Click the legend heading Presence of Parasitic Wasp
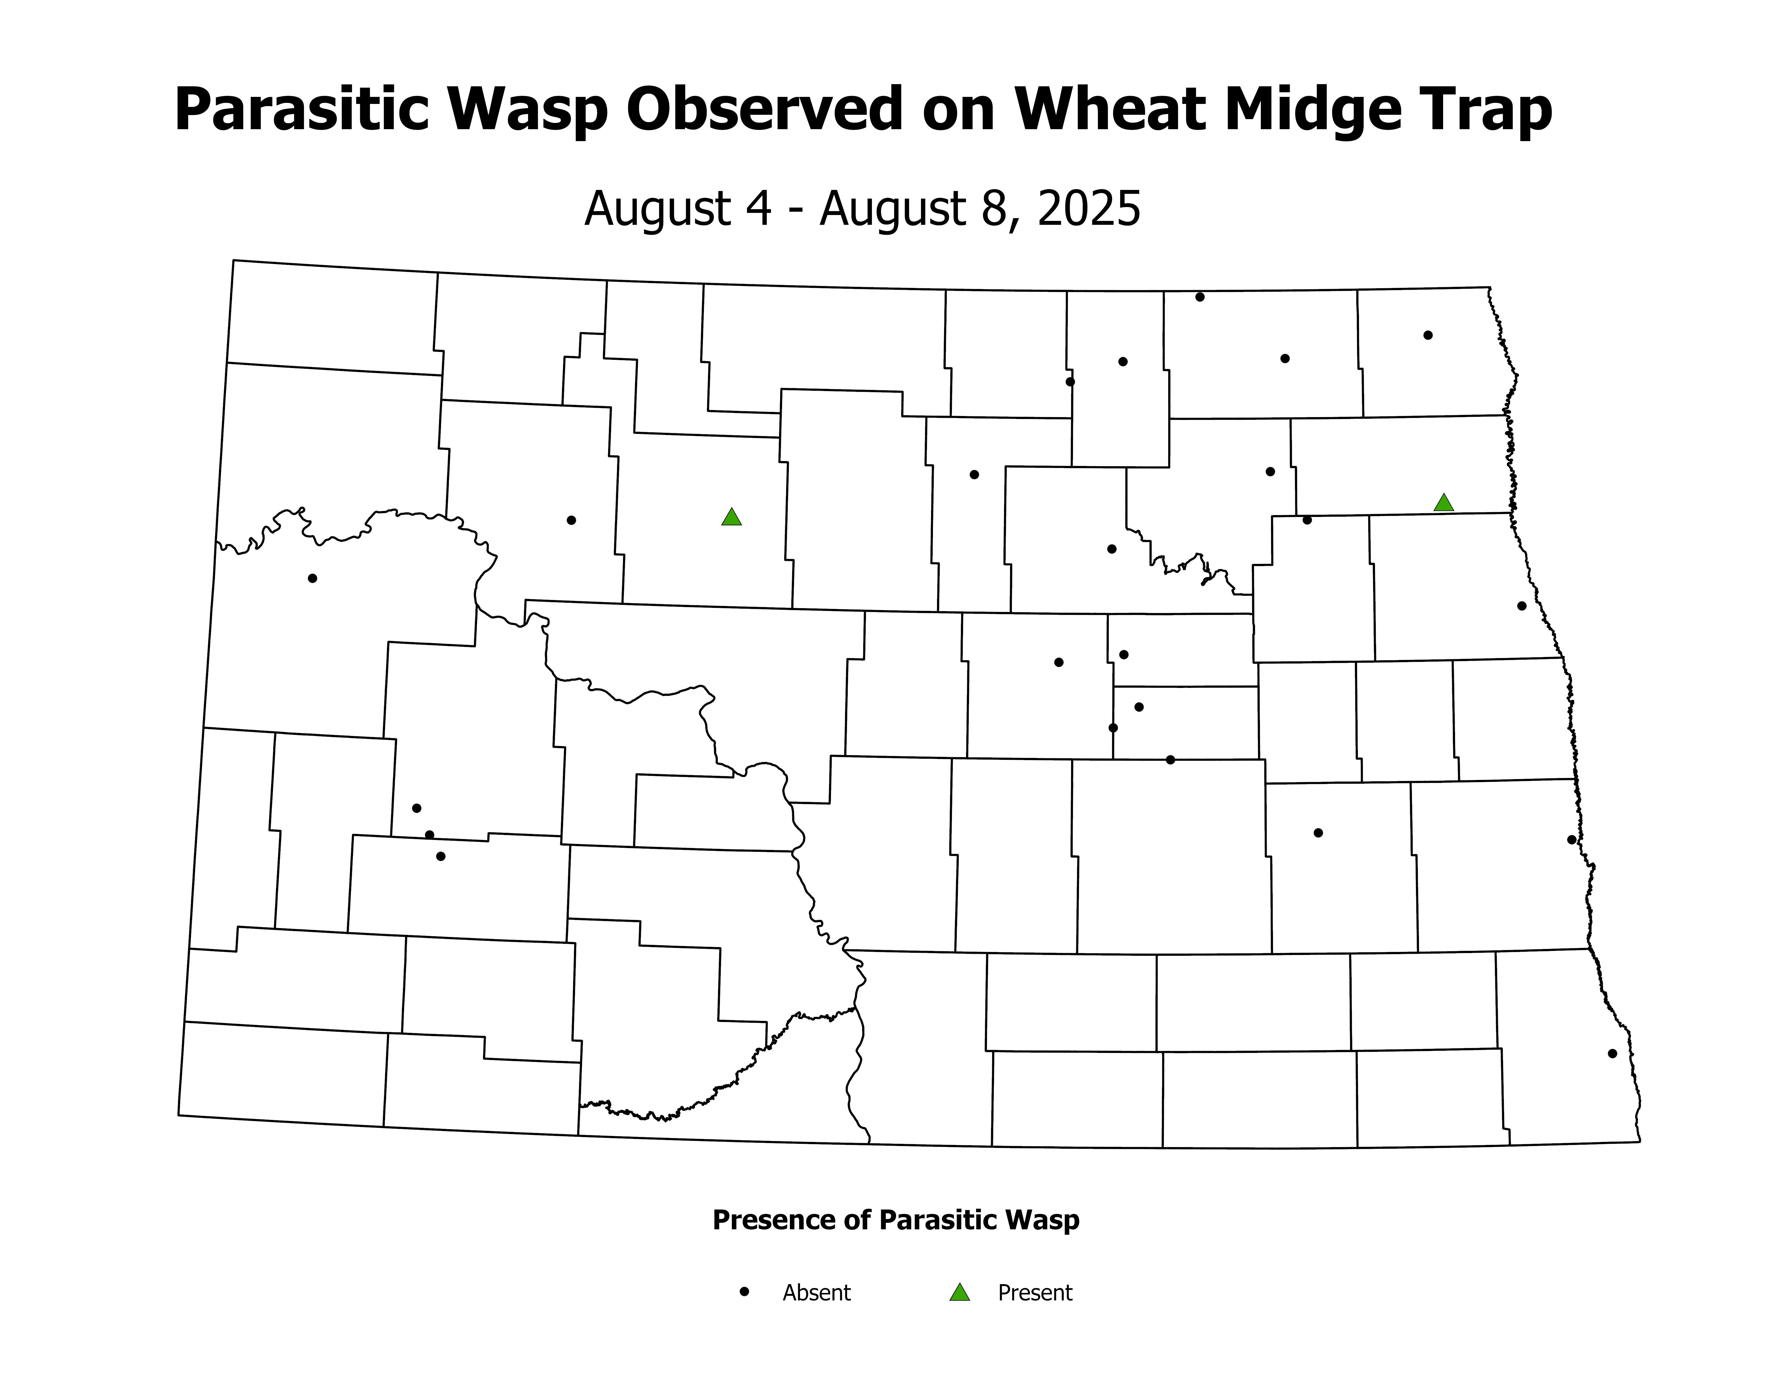895,1220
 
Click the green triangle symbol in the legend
960,1293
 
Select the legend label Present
1035,1293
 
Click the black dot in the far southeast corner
1612,1053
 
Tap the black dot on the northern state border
1200,297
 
